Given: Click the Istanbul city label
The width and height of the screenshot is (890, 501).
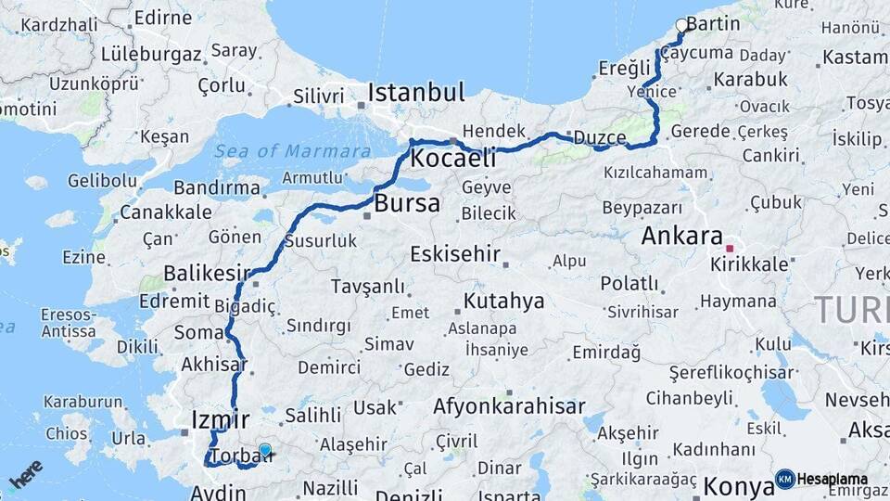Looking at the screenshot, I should (416, 93).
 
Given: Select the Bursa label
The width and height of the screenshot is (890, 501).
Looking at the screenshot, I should (407, 204).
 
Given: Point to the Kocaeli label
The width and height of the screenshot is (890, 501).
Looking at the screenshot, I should (452, 158).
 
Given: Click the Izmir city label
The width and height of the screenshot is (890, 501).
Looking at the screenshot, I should (220, 418).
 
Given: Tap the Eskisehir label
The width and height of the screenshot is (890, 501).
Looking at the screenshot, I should (455, 253).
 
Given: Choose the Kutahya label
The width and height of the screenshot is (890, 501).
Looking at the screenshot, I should (503, 302).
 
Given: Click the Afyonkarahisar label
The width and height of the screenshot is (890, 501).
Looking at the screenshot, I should (509, 406).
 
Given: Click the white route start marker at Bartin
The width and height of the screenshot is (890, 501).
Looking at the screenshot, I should (682, 26).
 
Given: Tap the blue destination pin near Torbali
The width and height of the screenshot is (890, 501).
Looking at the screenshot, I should (265, 451).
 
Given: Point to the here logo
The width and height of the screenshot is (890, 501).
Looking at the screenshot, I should (25, 473).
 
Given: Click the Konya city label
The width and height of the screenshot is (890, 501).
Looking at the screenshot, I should (738, 485).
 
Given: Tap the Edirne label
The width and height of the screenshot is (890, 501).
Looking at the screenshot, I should (162, 18).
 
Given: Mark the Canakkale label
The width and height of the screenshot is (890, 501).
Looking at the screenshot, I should (165, 212).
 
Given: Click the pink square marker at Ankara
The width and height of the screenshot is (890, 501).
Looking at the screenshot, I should (731, 249).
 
